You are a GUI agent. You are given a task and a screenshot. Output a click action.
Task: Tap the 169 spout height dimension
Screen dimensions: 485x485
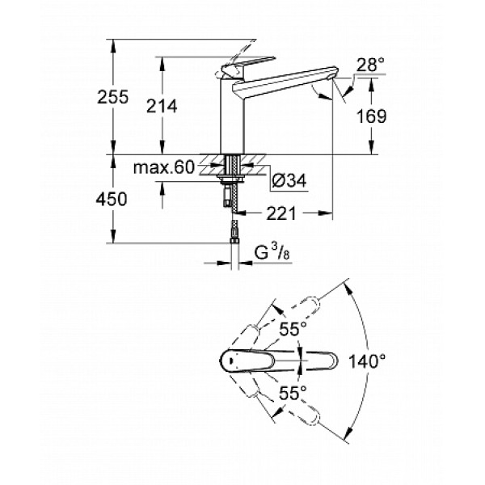click(371, 116)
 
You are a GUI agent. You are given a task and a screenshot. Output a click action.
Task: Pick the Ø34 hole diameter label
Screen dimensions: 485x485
click(287, 182)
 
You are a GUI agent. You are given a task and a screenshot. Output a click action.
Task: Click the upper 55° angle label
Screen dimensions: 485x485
click(293, 329)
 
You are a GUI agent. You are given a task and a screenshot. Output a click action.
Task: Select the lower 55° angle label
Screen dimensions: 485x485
click(293, 392)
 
